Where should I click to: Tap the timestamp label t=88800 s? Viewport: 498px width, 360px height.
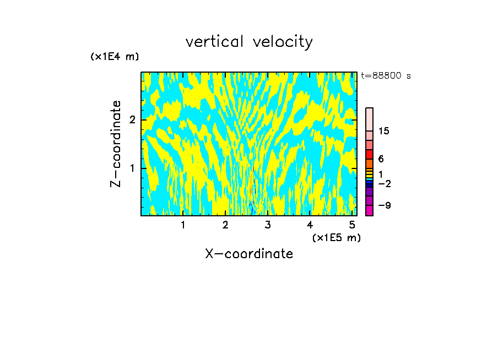[386, 76]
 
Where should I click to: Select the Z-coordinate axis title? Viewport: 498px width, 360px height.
[116, 144]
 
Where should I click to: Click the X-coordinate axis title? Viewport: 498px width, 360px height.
[249, 254]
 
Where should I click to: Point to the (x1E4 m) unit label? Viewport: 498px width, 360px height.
[115, 57]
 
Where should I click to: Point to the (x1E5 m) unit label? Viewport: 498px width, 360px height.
[336, 237]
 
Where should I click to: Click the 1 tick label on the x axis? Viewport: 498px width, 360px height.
[183, 225]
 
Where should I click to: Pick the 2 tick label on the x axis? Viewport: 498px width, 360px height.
[225, 225]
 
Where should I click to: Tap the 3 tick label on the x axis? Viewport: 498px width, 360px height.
[267, 225]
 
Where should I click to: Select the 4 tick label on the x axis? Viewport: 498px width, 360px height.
[310, 225]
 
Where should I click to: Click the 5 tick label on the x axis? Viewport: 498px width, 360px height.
[351, 225]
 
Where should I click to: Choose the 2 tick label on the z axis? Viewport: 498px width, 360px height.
[132, 120]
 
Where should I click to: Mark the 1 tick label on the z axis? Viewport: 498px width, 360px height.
[132, 168]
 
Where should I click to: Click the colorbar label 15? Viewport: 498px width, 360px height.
[384, 131]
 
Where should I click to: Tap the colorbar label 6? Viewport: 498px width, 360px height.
[381, 159]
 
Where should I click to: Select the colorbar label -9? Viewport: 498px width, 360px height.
[384, 205]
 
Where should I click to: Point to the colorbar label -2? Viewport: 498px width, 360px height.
[384, 183]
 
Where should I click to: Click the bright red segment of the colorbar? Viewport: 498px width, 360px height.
[369, 154]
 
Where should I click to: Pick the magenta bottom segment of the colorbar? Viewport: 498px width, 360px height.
[369, 210]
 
